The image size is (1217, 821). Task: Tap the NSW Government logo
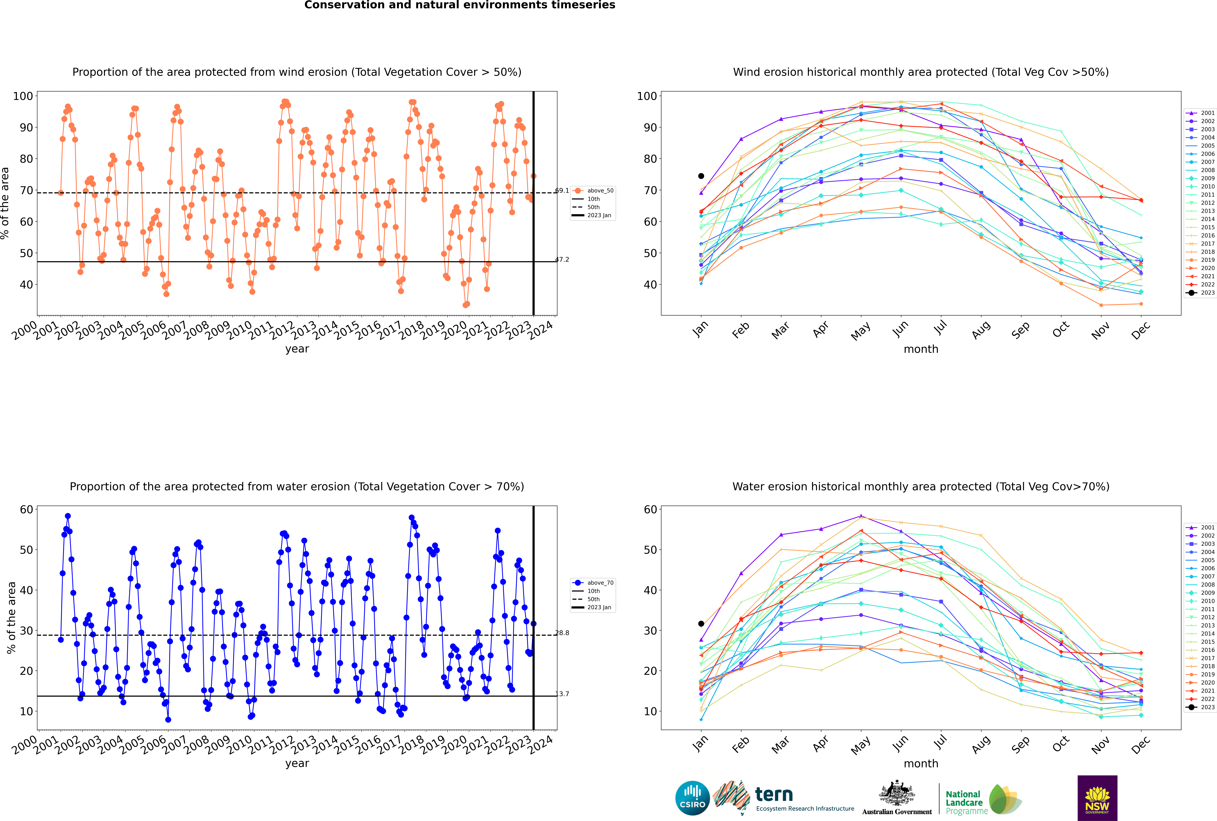point(1097,797)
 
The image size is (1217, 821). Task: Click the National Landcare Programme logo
point(983,800)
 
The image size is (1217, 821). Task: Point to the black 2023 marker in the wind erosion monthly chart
point(701,176)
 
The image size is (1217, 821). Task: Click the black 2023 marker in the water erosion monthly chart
point(701,624)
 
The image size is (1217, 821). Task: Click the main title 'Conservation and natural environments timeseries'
point(459,5)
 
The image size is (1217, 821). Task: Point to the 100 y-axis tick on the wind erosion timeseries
point(23,96)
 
